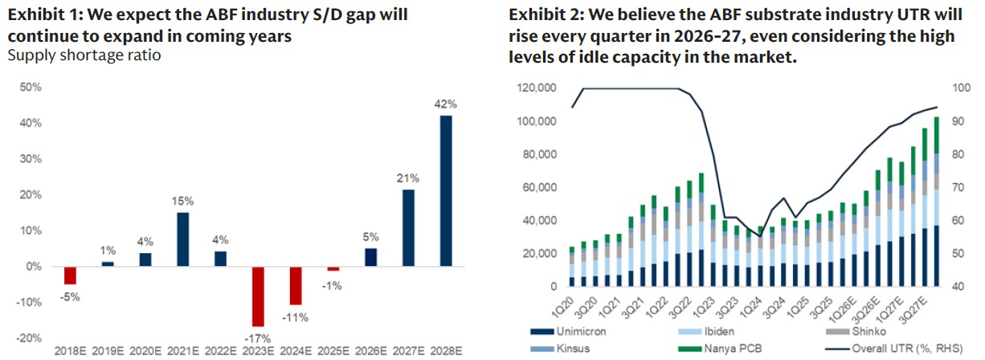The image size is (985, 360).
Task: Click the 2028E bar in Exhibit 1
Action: click(447, 190)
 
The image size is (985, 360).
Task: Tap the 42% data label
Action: click(447, 104)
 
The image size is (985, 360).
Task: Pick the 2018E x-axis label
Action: click(71, 351)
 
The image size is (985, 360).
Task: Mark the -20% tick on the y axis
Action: click(29, 337)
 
